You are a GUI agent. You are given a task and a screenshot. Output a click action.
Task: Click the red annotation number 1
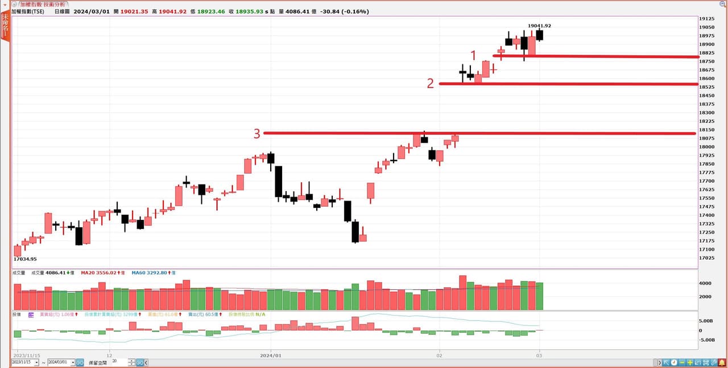point(473,55)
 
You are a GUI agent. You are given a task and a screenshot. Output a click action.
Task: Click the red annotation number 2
point(431,83)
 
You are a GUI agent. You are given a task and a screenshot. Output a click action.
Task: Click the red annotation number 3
point(257,133)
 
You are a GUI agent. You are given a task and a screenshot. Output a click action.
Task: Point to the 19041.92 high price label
point(539,26)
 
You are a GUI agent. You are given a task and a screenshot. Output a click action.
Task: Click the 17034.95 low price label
point(25,259)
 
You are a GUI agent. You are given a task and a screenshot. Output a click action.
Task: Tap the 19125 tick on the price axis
point(708,19)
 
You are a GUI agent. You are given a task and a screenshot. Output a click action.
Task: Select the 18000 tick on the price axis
point(708,146)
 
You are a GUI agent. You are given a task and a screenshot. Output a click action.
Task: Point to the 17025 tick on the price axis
point(708,257)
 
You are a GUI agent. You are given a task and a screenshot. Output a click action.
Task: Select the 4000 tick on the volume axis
point(705,283)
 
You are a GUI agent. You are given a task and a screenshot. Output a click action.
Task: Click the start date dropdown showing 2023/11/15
point(25,362)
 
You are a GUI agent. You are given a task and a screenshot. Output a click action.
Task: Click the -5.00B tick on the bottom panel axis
point(706,340)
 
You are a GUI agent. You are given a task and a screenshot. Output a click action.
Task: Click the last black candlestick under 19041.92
point(539,35)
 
